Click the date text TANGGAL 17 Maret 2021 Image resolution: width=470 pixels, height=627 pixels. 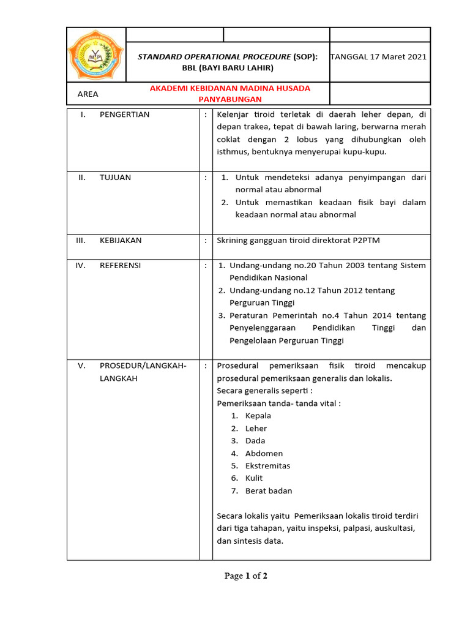tap(379, 57)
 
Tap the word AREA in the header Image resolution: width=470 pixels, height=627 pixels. tap(88, 94)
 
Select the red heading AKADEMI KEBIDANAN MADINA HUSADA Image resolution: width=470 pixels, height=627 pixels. tap(230, 88)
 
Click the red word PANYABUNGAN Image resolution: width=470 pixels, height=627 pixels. tap(230, 99)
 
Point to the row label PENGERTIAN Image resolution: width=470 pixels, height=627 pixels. tap(124, 115)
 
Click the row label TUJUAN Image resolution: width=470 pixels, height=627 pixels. tap(115, 178)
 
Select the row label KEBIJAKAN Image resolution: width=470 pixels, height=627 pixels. tap(121, 241)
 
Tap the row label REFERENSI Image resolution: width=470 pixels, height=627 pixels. tap(120, 266)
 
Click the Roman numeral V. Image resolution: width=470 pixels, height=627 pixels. tap(81, 366)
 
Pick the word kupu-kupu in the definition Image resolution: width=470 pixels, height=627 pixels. tap(367, 152)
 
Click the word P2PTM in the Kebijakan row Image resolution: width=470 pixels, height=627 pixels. tap(365, 241)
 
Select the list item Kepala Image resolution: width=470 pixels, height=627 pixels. tap(258, 416)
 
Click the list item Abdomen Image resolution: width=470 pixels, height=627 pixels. tap(264, 454)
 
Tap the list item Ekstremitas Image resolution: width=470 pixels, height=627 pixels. tap(267, 466)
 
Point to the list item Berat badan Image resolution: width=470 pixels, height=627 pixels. tap(269, 491)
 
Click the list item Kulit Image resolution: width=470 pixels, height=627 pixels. tap(254, 478)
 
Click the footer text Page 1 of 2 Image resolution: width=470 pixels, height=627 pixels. tap(246, 576)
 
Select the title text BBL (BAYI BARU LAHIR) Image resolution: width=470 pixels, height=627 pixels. tap(228, 68)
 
